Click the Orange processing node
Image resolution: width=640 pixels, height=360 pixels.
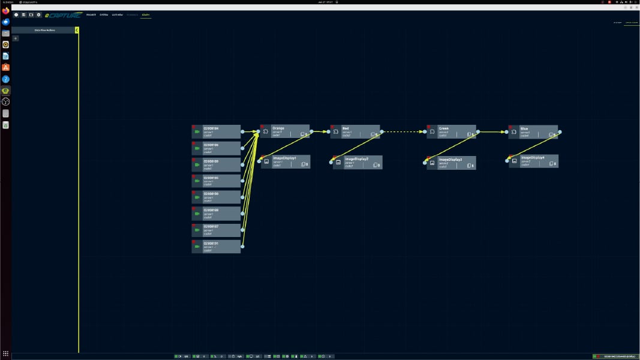pyautogui.click(x=285, y=131)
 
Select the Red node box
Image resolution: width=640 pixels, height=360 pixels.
pyautogui.click(x=355, y=131)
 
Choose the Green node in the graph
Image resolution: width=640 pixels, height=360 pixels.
pyautogui.click(x=452, y=131)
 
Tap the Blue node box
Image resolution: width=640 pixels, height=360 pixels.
pyautogui.click(x=533, y=131)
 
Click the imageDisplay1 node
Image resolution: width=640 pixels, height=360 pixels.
pyautogui.click(x=286, y=161)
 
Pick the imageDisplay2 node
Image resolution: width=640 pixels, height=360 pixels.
pyautogui.click(x=357, y=162)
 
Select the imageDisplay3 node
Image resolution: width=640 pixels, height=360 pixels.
pyautogui.click(x=452, y=163)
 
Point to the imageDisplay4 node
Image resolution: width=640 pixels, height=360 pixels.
pyautogui.click(x=534, y=161)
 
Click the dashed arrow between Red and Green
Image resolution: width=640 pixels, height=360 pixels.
pyautogui.click(x=404, y=132)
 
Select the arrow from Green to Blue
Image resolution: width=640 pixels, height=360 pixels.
pyautogui.click(x=492, y=132)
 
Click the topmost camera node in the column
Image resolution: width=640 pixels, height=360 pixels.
pyautogui.click(x=216, y=131)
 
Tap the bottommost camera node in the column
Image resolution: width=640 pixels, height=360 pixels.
pyautogui.click(x=216, y=247)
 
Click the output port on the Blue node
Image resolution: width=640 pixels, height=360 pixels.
pyautogui.click(x=560, y=132)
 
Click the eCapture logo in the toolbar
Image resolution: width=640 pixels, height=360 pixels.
pyautogui.click(x=63, y=14)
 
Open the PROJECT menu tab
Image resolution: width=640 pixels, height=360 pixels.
pyautogui.click(x=91, y=14)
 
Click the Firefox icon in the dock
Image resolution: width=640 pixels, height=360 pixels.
pyautogui.click(x=6, y=10)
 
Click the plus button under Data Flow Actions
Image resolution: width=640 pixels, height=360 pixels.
pyautogui.click(x=16, y=38)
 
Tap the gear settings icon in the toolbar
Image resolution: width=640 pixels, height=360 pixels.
pyautogui.click(x=39, y=14)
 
